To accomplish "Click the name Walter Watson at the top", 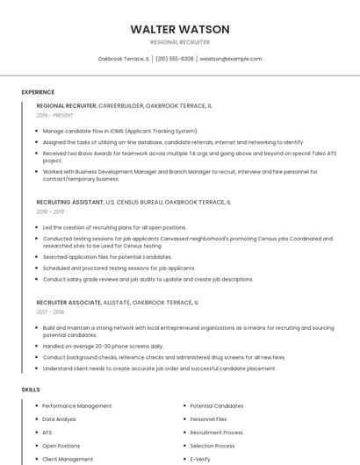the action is click(x=180, y=29).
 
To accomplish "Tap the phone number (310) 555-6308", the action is click(x=175, y=59).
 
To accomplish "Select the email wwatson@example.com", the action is click(x=231, y=59).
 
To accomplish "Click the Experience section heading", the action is click(x=38, y=92).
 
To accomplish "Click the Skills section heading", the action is click(x=31, y=389).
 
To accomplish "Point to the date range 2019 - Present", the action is click(x=54, y=115).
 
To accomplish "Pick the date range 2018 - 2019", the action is click(x=50, y=211).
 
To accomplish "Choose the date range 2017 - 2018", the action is click(x=50, y=311).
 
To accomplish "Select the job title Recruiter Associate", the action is click(x=68, y=302).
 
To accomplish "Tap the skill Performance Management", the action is click(x=77, y=406).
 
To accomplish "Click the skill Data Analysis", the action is click(x=60, y=419).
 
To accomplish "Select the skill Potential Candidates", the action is click(x=217, y=406).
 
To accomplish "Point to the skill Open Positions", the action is click(x=61, y=446).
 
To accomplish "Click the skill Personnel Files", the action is click(x=208, y=419).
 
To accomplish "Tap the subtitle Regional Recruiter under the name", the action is click(x=180, y=41).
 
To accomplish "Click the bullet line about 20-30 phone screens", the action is click(x=103, y=346).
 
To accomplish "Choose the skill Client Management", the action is click(x=68, y=459).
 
